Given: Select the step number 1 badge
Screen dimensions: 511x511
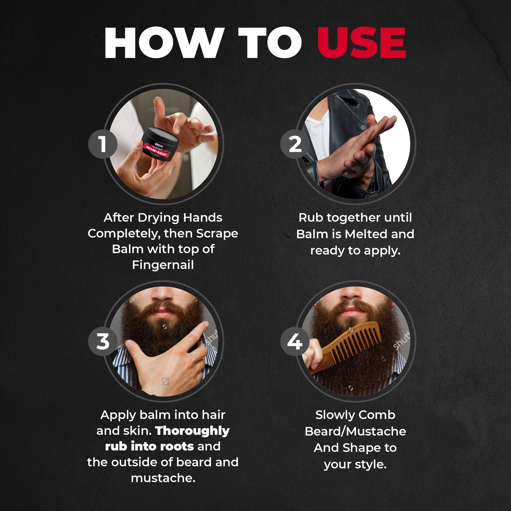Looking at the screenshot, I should (103, 144).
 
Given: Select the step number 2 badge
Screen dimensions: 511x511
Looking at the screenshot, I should (295, 144).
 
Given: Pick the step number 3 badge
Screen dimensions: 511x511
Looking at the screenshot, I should (103, 341).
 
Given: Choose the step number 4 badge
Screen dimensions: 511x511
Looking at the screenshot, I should (295, 341).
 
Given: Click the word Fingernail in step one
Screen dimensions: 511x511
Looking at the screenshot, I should (163, 265).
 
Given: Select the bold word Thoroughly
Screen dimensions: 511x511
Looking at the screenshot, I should (192, 431).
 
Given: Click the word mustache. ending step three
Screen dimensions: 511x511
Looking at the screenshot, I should (163, 478).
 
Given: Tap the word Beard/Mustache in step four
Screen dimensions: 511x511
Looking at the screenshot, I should (355, 431).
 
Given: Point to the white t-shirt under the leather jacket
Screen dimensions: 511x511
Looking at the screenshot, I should (317, 135).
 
